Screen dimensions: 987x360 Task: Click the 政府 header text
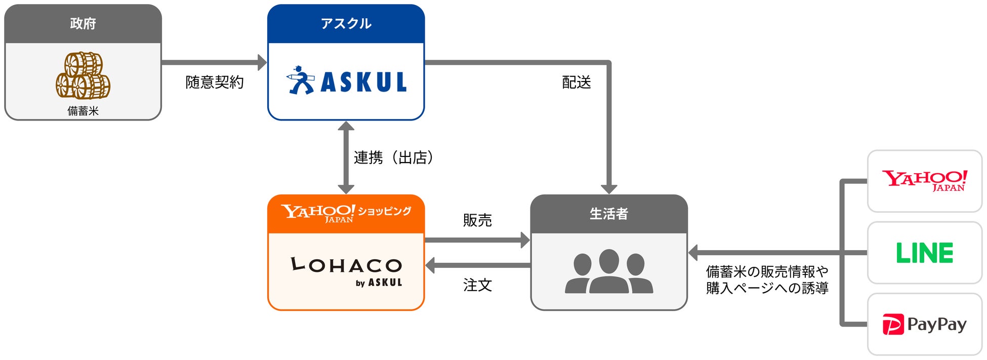(x=83, y=24)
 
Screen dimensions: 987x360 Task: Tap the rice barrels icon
(x=83, y=75)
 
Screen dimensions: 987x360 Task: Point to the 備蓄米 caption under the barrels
(x=83, y=111)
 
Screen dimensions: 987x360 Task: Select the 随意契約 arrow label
(x=215, y=82)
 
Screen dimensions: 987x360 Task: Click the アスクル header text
(x=346, y=24)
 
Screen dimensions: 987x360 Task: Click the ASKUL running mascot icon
(x=301, y=80)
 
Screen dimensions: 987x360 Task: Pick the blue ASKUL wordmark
(x=364, y=82)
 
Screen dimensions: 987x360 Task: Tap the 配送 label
(x=577, y=82)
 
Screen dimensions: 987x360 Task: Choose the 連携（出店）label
(x=393, y=158)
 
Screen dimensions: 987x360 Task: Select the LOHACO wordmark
(x=346, y=264)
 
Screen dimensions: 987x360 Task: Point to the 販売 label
(x=477, y=220)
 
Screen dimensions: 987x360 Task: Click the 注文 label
(x=477, y=285)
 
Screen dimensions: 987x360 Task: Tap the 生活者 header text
(x=609, y=214)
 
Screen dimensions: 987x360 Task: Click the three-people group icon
(x=609, y=271)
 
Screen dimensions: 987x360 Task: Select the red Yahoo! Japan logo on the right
(x=925, y=181)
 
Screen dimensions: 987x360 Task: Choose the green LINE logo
(x=925, y=253)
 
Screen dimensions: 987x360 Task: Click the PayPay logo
(x=925, y=325)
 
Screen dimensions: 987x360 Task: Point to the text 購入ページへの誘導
(x=767, y=288)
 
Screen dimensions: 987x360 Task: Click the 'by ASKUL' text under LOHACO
(x=379, y=283)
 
